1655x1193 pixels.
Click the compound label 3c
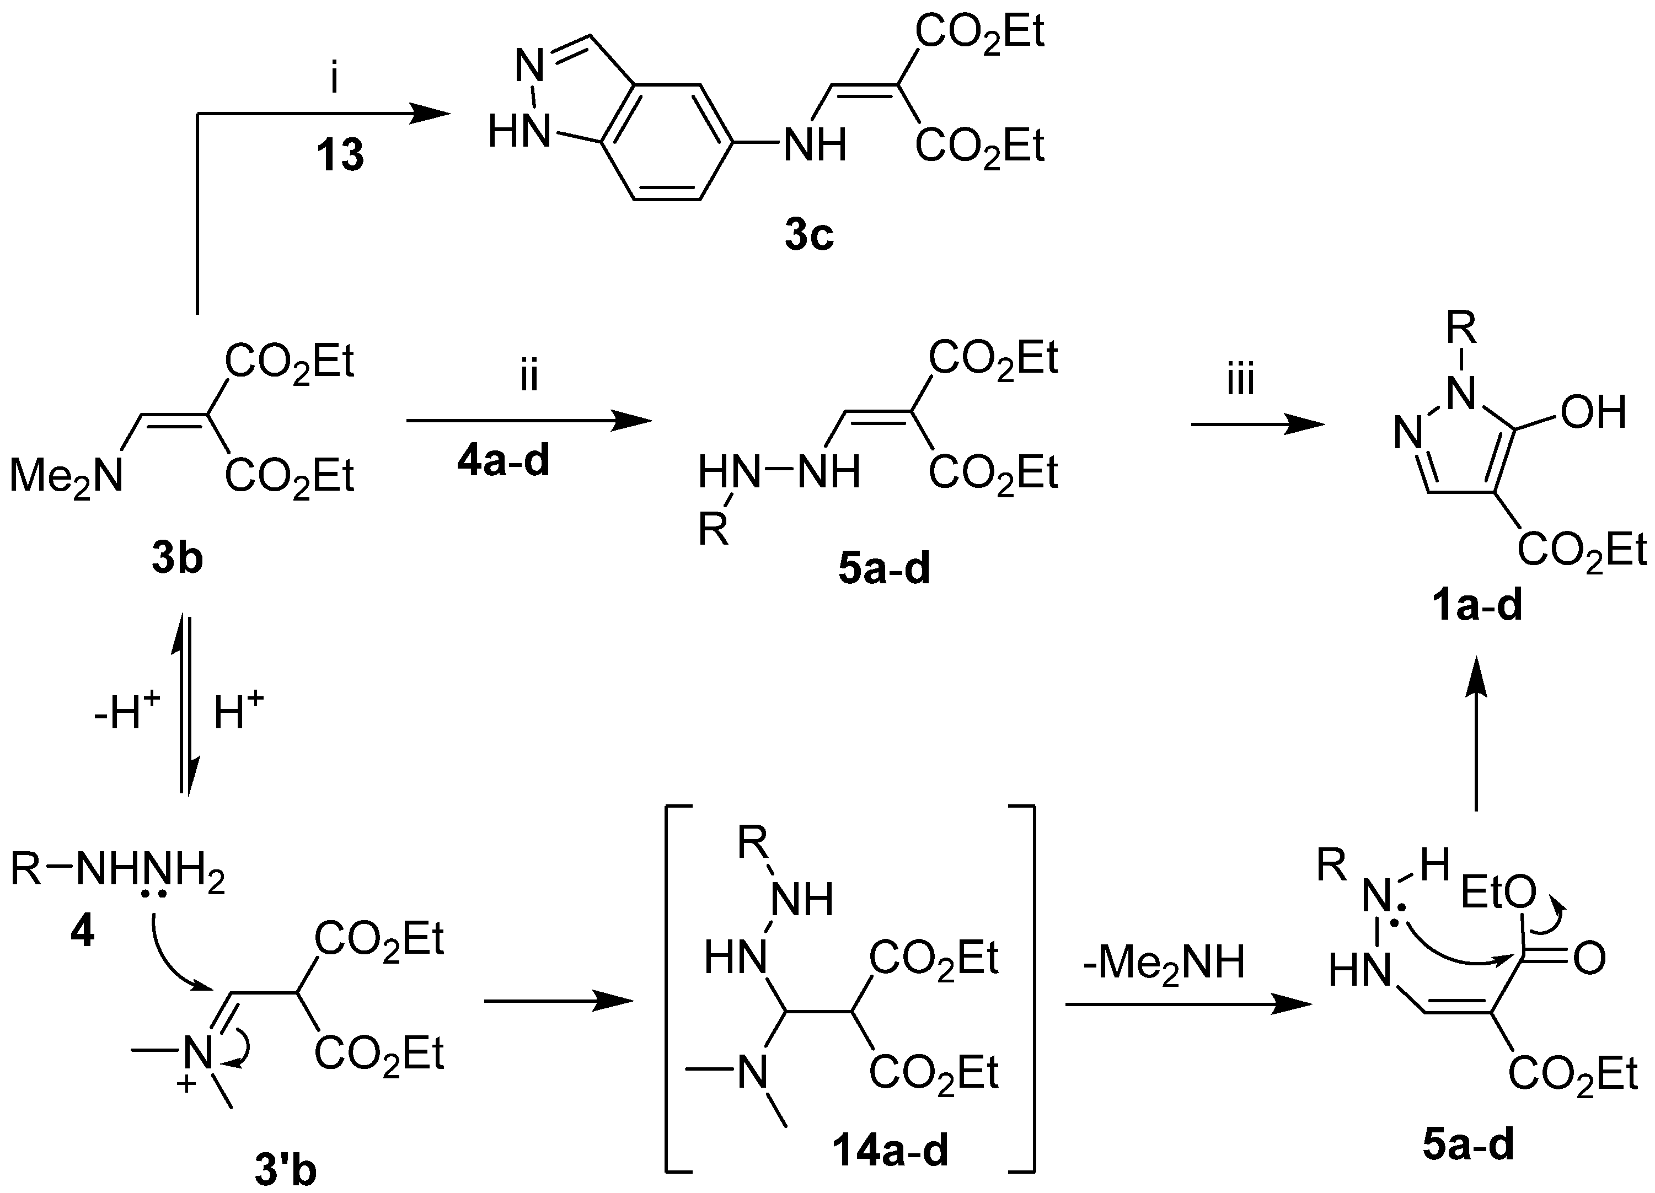[x=809, y=237]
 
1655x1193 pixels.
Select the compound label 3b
[x=178, y=560]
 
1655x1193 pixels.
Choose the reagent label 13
[x=340, y=155]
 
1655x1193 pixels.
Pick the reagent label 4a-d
[x=504, y=462]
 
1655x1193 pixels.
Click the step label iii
[x=1240, y=381]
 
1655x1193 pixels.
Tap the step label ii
[x=529, y=377]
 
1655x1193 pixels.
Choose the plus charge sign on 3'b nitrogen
[x=187, y=1085]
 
